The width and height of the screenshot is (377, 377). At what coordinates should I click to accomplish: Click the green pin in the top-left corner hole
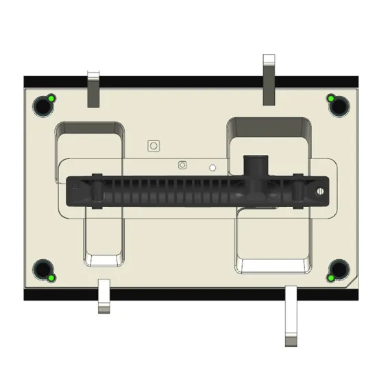pyautogui.click(x=50, y=99)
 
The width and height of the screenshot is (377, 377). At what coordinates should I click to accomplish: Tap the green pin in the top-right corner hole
pyautogui.click(x=330, y=99)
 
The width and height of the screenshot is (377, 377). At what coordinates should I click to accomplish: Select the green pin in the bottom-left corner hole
pyautogui.click(x=50, y=278)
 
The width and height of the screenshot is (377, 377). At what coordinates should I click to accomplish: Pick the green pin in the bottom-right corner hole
pyautogui.click(x=330, y=278)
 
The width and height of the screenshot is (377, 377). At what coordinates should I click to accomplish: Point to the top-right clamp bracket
pyautogui.click(x=269, y=79)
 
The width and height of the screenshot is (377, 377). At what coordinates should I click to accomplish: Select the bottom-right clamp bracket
pyautogui.click(x=291, y=315)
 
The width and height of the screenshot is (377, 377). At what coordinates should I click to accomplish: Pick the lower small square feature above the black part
pyautogui.click(x=182, y=165)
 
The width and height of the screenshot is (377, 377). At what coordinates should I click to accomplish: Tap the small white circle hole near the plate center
pyautogui.click(x=212, y=167)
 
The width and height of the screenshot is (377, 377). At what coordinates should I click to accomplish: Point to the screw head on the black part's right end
pyautogui.click(x=318, y=191)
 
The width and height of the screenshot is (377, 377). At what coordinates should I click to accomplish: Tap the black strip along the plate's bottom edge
pyautogui.click(x=192, y=295)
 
